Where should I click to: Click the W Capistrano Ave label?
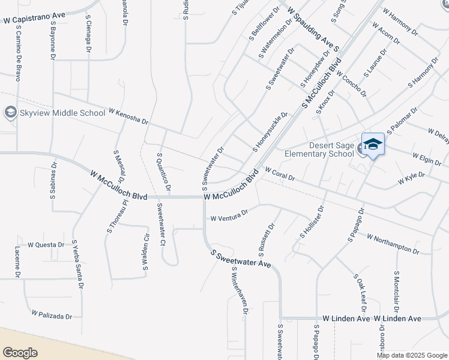[x=34, y=20]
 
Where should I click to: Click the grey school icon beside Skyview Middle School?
[x=10, y=112]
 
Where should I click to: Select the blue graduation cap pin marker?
[x=373, y=145]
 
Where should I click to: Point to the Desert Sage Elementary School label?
[x=331, y=149]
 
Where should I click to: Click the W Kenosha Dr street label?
[x=128, y=116]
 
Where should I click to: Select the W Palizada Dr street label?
[x=52, y=315]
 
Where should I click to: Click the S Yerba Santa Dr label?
[x=77, y=265]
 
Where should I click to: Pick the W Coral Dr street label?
[x=280, y=175]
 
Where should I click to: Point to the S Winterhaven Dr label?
[x=240, y=294]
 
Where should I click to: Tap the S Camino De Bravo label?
[x=18, y=53]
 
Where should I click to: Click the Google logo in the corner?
[x=20, y=353]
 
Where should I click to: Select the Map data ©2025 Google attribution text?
[x=411, y=355]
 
